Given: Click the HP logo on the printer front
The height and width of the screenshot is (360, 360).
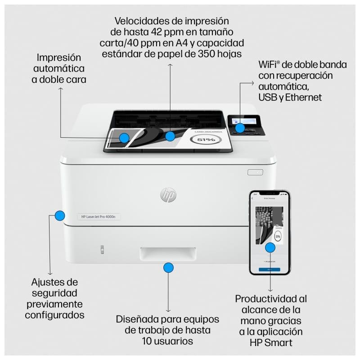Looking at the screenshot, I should point(168,194).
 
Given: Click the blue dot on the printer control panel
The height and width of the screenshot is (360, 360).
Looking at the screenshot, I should point(240,128).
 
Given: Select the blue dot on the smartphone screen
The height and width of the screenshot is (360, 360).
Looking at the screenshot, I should point(270,247).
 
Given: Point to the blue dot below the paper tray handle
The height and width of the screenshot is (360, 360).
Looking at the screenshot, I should point(168,268).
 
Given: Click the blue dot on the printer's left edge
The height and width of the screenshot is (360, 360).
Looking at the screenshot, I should point(60,216).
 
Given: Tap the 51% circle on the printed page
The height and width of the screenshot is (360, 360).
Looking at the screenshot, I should point(206,140).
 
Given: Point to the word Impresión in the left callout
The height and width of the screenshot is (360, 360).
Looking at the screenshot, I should point(59,58).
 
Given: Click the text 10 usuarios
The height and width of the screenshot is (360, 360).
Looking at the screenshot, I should point(168,342).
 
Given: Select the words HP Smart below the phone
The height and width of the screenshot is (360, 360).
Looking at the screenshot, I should point(270,342).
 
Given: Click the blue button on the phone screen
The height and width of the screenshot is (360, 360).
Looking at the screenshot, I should point(270,270).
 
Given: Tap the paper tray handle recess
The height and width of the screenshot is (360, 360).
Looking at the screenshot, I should point(168,254).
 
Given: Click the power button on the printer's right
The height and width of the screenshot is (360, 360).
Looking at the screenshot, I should point(255,172).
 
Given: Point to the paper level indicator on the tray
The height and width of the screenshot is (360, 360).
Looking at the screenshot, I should point(102,249).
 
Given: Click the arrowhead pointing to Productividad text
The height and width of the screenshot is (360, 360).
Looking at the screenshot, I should point(270,290).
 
